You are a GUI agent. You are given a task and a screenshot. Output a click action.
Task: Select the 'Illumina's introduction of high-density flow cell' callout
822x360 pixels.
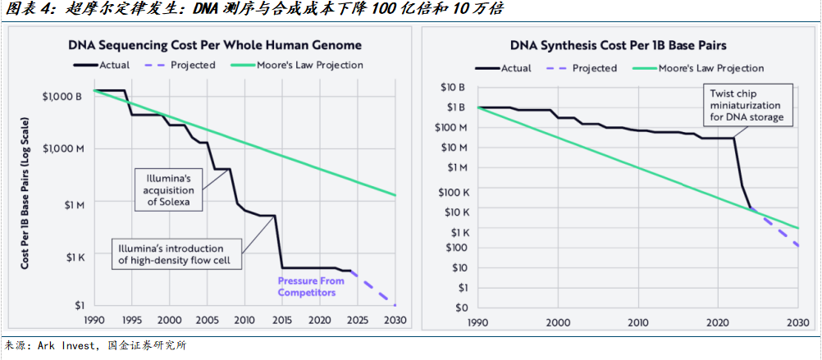point(176,254)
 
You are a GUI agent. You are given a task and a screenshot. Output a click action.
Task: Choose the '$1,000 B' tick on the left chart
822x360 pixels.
point(62,96)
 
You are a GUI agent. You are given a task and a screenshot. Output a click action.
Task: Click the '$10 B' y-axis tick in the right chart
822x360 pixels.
point(454,87)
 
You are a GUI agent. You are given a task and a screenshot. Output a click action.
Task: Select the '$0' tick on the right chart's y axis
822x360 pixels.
point(460,308)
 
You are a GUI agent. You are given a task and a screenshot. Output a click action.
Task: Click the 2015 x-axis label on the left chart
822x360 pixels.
point(282,320)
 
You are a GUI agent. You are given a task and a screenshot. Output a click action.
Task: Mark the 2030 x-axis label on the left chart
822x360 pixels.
point(395,320)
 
